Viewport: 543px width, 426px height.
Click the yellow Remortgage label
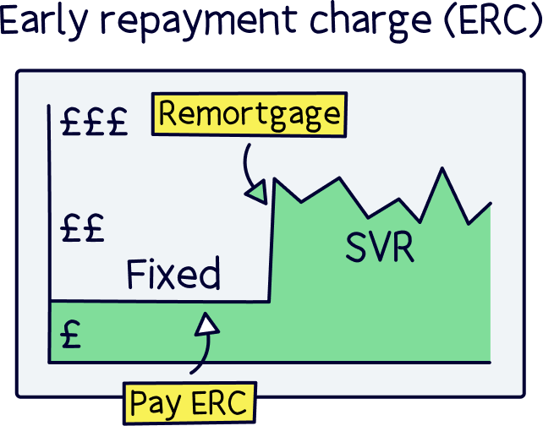coord(250,114)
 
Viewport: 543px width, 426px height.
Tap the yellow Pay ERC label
coord(189,402)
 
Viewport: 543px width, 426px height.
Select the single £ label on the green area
coord(71,336)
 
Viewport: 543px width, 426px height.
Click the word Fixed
coord(173,274)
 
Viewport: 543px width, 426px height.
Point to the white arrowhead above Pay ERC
coord(208,325)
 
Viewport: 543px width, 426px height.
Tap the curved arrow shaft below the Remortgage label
coord(246,165)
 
